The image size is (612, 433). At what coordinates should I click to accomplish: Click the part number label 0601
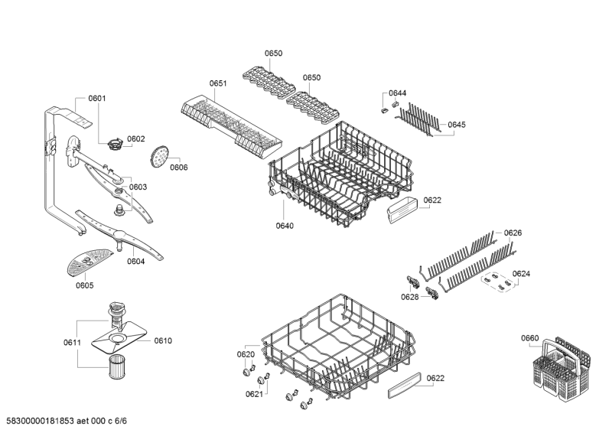click(97, 98)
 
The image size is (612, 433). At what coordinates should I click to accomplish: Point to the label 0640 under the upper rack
click(285, 226)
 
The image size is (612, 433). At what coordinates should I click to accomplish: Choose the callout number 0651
click(218, 83)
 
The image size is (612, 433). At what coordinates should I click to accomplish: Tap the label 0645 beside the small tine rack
click(457, 125)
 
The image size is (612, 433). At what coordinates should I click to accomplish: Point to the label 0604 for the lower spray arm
click(135, 261)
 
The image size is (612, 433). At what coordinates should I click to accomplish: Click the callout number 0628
click(410, 296)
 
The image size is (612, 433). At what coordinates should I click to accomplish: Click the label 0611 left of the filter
click(72, 342)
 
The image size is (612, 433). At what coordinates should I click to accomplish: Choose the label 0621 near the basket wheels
click(254, 394)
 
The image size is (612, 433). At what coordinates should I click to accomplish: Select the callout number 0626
click(513, 233)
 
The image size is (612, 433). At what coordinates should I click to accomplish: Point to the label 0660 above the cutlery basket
click(529, 338)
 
